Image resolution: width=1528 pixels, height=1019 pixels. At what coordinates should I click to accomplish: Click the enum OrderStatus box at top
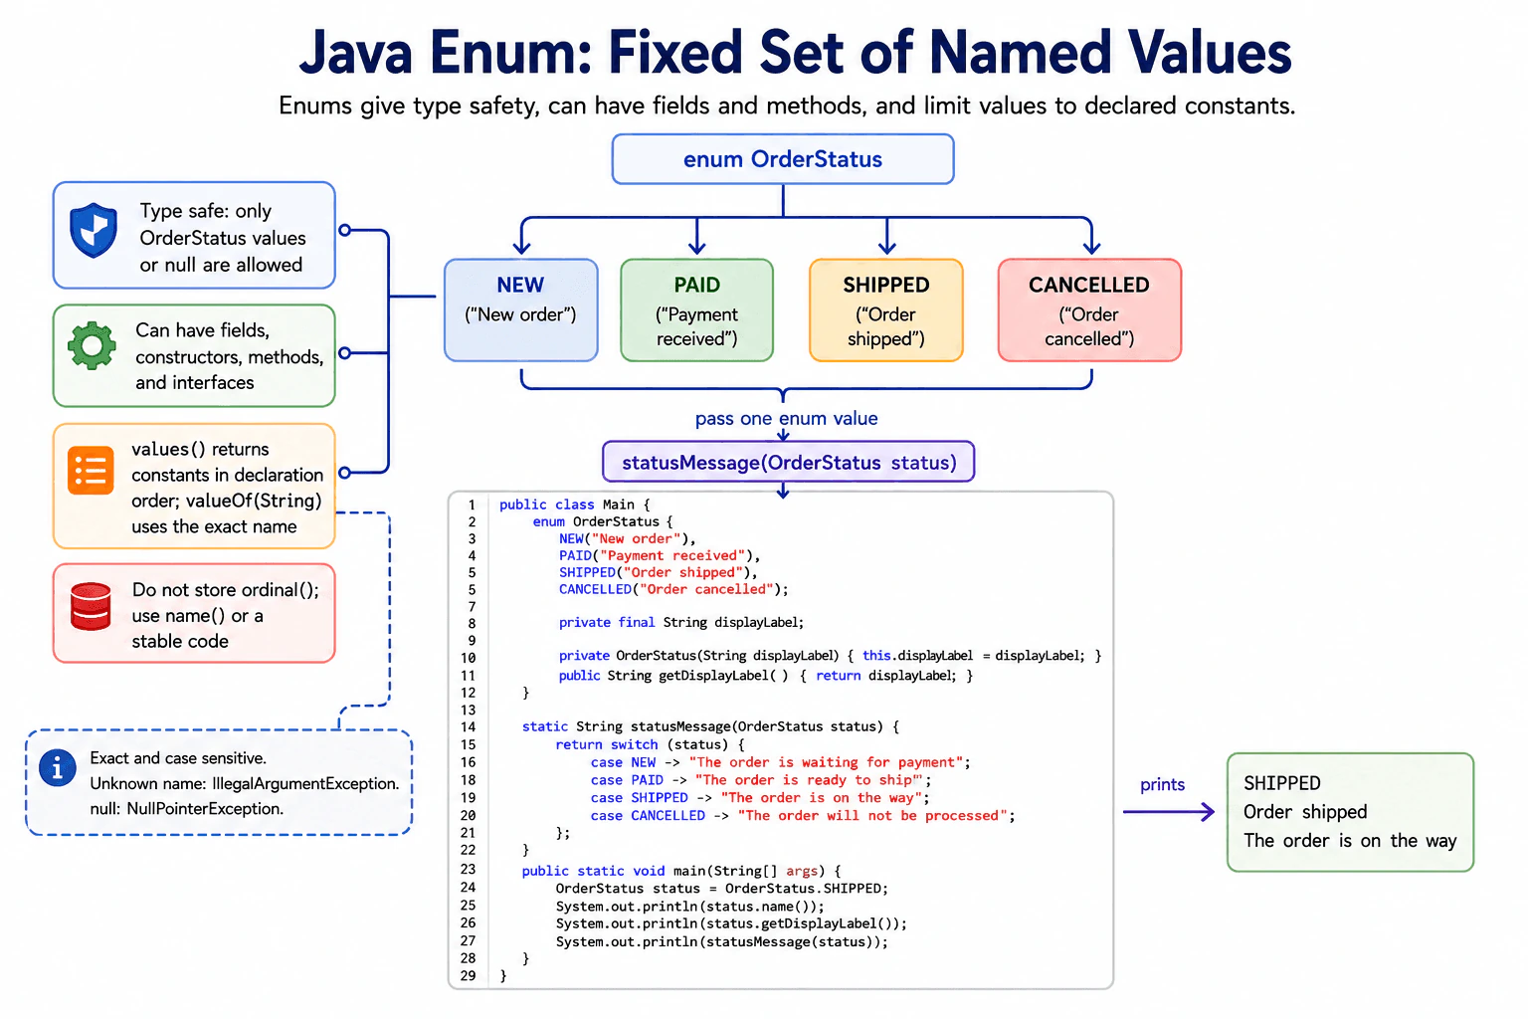pos(783,159)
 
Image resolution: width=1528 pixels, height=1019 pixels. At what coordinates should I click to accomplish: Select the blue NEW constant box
pos(520,309)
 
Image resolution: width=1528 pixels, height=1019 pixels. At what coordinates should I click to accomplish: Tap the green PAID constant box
pos(696,309)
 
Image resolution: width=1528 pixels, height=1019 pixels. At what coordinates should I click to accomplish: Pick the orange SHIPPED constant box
pos(886,309)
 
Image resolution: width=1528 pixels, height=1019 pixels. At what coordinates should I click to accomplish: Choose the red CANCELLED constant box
pos(1089,309)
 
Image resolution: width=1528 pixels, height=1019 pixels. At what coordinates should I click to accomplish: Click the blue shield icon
pos(94,230)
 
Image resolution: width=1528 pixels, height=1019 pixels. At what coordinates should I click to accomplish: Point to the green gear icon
pos(93,346)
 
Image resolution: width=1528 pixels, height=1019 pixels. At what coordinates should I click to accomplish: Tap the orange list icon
pos(91,471)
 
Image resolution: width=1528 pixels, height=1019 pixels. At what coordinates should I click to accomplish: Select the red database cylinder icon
pos(91,606)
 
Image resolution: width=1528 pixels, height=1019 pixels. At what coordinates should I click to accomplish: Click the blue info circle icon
pos(58,768)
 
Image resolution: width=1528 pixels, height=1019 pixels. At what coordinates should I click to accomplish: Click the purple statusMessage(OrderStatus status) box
pos(789,462)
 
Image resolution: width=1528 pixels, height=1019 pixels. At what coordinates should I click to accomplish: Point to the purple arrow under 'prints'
pos(1169,811)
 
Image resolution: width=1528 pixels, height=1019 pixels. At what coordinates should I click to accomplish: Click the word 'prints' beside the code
pos(1162,785)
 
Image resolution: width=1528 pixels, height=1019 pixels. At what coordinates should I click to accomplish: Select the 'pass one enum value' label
pos(786,418)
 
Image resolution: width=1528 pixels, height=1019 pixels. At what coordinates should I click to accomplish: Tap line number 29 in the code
pos(468,976)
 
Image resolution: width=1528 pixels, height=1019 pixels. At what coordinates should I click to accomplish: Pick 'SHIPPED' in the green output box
pos(1281,783)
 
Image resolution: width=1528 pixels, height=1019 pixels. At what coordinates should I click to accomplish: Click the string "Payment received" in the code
pos(671,555)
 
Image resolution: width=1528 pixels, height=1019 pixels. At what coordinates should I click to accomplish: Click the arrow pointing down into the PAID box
pos(696,236)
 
